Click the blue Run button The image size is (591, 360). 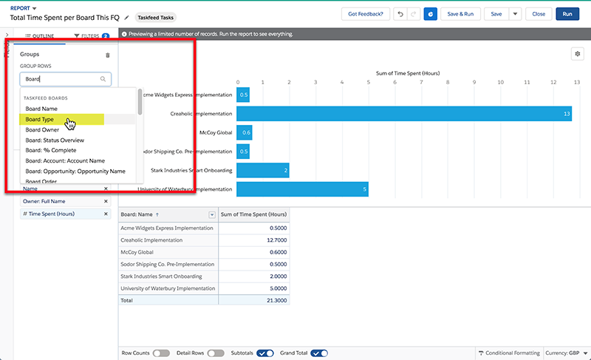coord(567,14)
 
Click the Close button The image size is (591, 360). coord(539,14)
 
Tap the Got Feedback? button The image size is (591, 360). coord(365,14)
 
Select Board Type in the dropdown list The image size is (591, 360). coord(40,119)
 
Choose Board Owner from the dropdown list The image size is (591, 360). coord(41,129)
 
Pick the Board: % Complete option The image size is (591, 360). coord(51,150)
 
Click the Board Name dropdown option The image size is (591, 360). coord(41,109)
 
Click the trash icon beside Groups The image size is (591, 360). coord(108,55)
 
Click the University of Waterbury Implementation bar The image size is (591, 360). coord(302,189)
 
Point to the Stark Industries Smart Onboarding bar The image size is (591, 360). coord(262,171)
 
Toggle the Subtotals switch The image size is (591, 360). coord(265,353)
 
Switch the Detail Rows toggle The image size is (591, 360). coord(216,353)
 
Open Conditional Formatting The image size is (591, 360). coord(510,353)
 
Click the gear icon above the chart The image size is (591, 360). coord(577,54)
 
